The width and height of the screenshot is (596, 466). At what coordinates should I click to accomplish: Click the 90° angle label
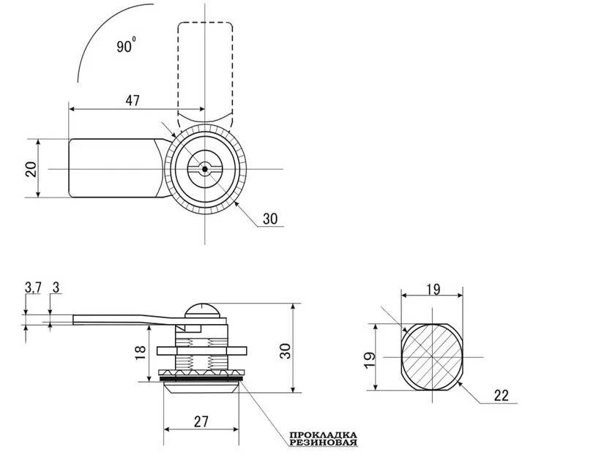pos(126,45)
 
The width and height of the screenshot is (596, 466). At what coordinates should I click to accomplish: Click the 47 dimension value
pos(133,101)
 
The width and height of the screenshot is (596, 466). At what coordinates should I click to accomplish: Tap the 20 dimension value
pos(31,169)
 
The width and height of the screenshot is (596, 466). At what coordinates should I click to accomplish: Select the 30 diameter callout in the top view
pos(270,219)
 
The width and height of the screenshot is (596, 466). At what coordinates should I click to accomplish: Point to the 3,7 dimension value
pos(33,288)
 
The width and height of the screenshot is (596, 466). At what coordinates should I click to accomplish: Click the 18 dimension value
pos(141,353)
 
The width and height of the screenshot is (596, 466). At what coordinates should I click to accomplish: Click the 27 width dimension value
pos(201,421)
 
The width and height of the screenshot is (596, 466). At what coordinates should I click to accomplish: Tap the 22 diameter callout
pos(502,396)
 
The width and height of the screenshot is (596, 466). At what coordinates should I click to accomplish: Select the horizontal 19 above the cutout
pos(433,290)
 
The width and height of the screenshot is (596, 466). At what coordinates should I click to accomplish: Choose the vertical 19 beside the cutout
pos(370,361)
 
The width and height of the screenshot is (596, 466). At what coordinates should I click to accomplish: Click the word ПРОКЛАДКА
pos(323,435)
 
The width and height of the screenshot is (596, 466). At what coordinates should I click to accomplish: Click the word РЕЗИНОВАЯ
pos(323,443)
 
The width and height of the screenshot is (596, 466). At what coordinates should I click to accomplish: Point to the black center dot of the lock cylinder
pos(205,170)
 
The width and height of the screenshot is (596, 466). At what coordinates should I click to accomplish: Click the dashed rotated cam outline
pos(205,74)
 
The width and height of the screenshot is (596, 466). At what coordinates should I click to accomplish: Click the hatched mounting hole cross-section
pos(433,357)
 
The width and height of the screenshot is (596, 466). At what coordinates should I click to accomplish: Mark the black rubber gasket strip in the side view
pos(201,379)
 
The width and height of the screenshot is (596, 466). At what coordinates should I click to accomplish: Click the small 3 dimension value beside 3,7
pos(56,288)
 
